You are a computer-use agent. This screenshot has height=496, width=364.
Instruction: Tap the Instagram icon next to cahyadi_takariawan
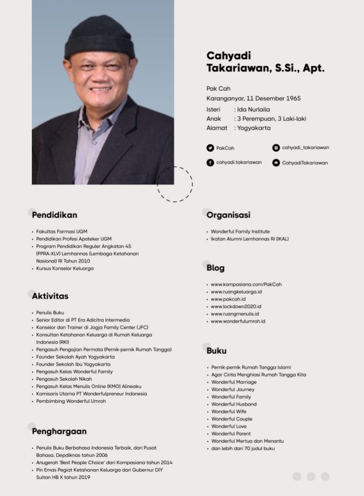point(276,148)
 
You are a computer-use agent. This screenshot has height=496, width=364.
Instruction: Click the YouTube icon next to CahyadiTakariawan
point(276,163)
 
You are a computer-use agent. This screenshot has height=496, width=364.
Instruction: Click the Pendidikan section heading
point(55,215)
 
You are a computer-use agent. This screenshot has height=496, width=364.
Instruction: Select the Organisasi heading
point(228,215)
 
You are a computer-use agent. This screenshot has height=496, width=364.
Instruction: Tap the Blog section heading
point(216,268)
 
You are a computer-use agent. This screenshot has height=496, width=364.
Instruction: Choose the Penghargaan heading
point(59,432)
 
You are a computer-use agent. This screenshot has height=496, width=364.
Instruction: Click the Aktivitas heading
point(50,296)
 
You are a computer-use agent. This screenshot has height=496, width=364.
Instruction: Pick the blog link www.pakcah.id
point(228,299)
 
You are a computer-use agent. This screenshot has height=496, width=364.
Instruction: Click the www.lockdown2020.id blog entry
point(236,306)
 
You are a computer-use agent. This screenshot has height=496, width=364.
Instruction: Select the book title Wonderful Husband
point(234,404)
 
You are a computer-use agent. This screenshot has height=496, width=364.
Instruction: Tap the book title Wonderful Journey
point(233,389)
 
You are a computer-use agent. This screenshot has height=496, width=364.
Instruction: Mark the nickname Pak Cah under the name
point(218,89)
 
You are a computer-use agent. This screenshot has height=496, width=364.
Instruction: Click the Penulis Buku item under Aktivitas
point(50,313)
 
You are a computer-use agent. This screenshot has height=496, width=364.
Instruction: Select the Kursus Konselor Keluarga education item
point(65,268)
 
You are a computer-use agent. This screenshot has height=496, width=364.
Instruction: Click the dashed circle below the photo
point(175,184)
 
